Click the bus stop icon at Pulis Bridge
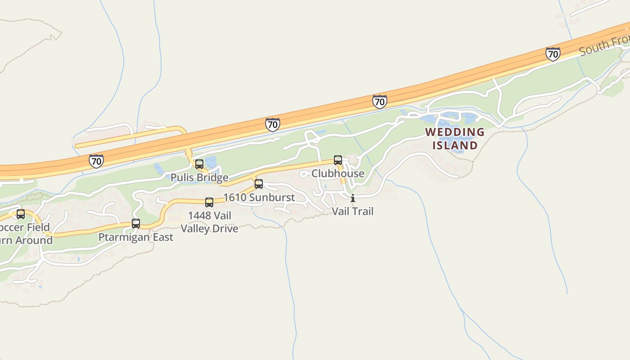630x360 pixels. (x=199, y=164)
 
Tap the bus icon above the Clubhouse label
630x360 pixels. (x=338, y=160)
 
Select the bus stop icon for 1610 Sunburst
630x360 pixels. (x=259, y=184)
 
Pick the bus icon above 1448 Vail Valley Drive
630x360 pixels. (x=209, y=202)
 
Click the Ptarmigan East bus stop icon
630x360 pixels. (x=136, y=224)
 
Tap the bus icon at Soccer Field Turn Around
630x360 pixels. (x=21, y=214)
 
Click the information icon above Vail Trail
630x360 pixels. (x=353, y=198)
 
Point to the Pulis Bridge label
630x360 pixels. (x=199, y=177)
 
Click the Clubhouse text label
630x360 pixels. (x=338, y=173)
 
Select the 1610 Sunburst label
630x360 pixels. (x=259, y=197)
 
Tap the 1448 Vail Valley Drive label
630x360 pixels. (x=210, y=222)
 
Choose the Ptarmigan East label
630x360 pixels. (x=136, y=237)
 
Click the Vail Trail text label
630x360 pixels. (x=353, y=211)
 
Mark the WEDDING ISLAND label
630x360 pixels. (x=455, y=139)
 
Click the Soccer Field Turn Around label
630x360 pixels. (x=25, y=234)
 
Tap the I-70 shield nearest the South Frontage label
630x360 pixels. (x=553, y=54)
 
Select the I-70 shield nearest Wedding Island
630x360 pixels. (x=380, y=102)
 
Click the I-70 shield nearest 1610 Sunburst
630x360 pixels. (x=272, y=124)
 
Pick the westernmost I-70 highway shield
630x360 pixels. (x=96, y=161)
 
